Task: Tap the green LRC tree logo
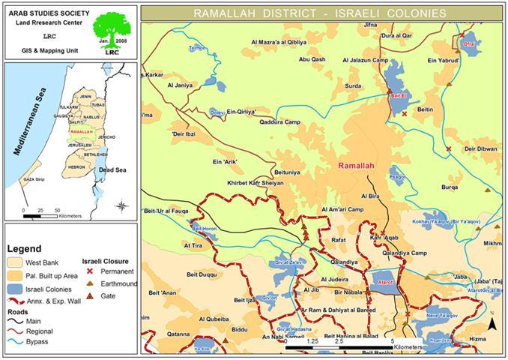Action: [x=110, y=34]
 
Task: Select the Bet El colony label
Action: [x=397, y=95]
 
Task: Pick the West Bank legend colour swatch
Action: [x=17, y=263]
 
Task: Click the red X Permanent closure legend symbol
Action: [x=89, y=271]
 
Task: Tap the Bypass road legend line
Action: [x=17, y=341]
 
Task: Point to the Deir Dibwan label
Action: [x=480, y=149]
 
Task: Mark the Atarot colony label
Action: [x=387, y=283]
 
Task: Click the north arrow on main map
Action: [x=492, y=323]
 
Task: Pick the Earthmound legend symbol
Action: [x=89, y=283]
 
